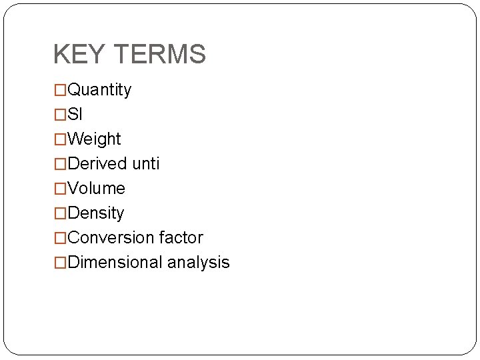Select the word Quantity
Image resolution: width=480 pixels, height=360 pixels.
coord(99,90)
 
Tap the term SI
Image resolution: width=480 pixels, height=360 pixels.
coord(75,115)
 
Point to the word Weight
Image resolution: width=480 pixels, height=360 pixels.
coord(94,139)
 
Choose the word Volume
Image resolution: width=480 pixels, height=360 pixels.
coord(96,189)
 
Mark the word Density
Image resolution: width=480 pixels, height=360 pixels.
coord(95,213)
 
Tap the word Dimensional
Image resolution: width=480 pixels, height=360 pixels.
coord(115,263)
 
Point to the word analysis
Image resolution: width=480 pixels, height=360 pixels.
coord(199,263)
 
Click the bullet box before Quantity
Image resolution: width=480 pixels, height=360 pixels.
coord(60,90)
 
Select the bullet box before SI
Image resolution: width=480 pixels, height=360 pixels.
coord(60,115)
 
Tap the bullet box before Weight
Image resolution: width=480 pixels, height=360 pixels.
coord(60,139)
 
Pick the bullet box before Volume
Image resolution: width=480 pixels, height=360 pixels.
coord(60,189)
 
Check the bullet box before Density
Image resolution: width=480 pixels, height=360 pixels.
coord(60,213)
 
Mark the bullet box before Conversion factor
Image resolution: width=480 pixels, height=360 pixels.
coord(60,238)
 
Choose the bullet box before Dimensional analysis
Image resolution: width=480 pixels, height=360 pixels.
coord(60,263)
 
